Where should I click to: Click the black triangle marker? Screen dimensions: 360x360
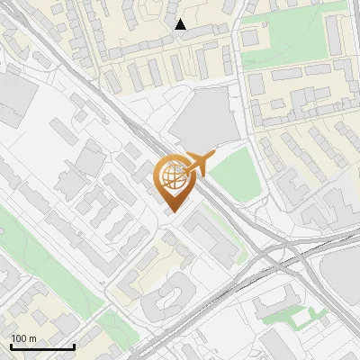[180, 25]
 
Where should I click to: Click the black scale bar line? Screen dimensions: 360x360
[41, 347]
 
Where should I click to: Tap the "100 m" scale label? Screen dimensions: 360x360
[24, 338]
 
